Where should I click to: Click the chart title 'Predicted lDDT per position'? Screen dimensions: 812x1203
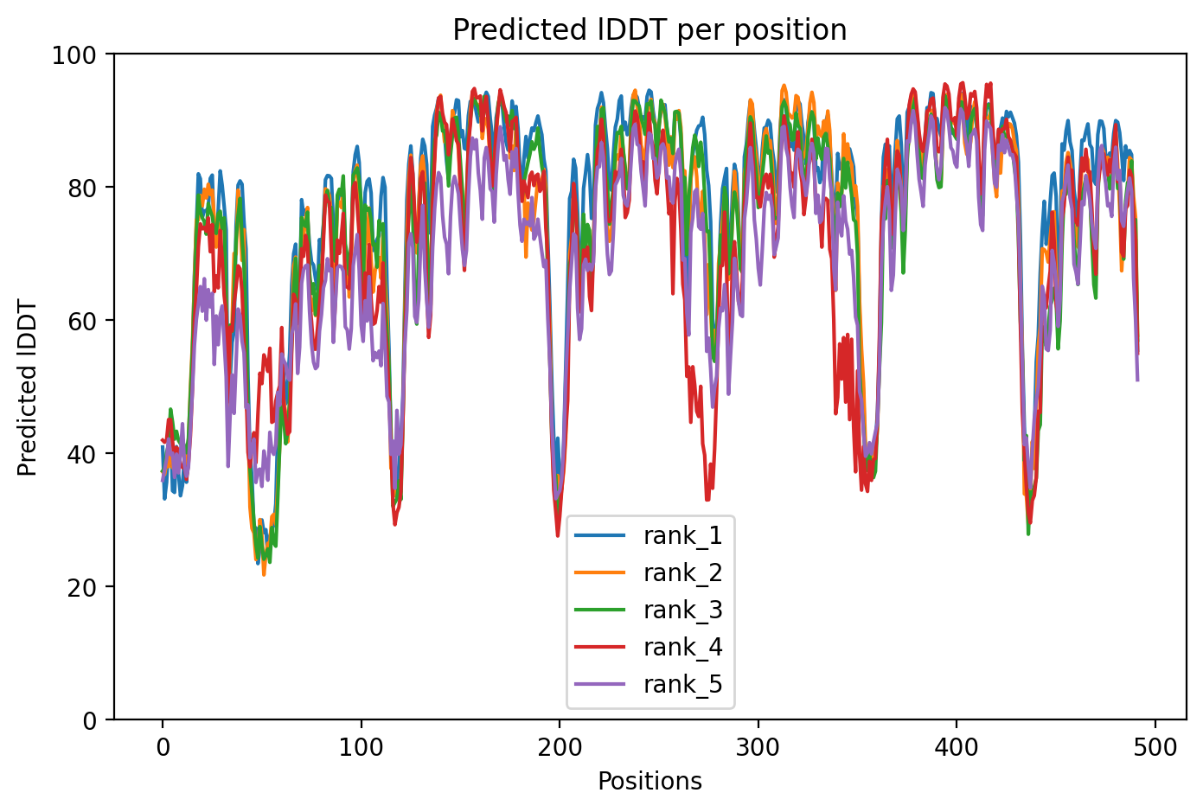[649, 30]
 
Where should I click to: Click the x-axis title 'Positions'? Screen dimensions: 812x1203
[649, 782]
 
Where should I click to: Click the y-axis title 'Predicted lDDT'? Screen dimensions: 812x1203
[28, 387]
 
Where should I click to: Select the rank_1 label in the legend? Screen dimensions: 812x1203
[682, 536]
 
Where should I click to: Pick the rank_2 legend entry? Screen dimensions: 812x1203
[682, 573]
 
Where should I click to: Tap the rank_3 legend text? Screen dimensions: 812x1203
[682, 611]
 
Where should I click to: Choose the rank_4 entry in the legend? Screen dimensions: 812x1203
[682, 648]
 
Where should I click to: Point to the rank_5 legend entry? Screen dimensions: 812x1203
[682, 685]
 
